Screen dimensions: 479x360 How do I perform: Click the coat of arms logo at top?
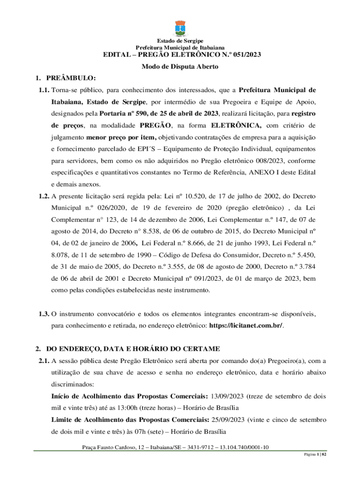point(180,29)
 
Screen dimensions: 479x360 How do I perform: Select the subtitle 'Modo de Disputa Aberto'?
point(180,67)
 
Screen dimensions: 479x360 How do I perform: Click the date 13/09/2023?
point(227,396)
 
